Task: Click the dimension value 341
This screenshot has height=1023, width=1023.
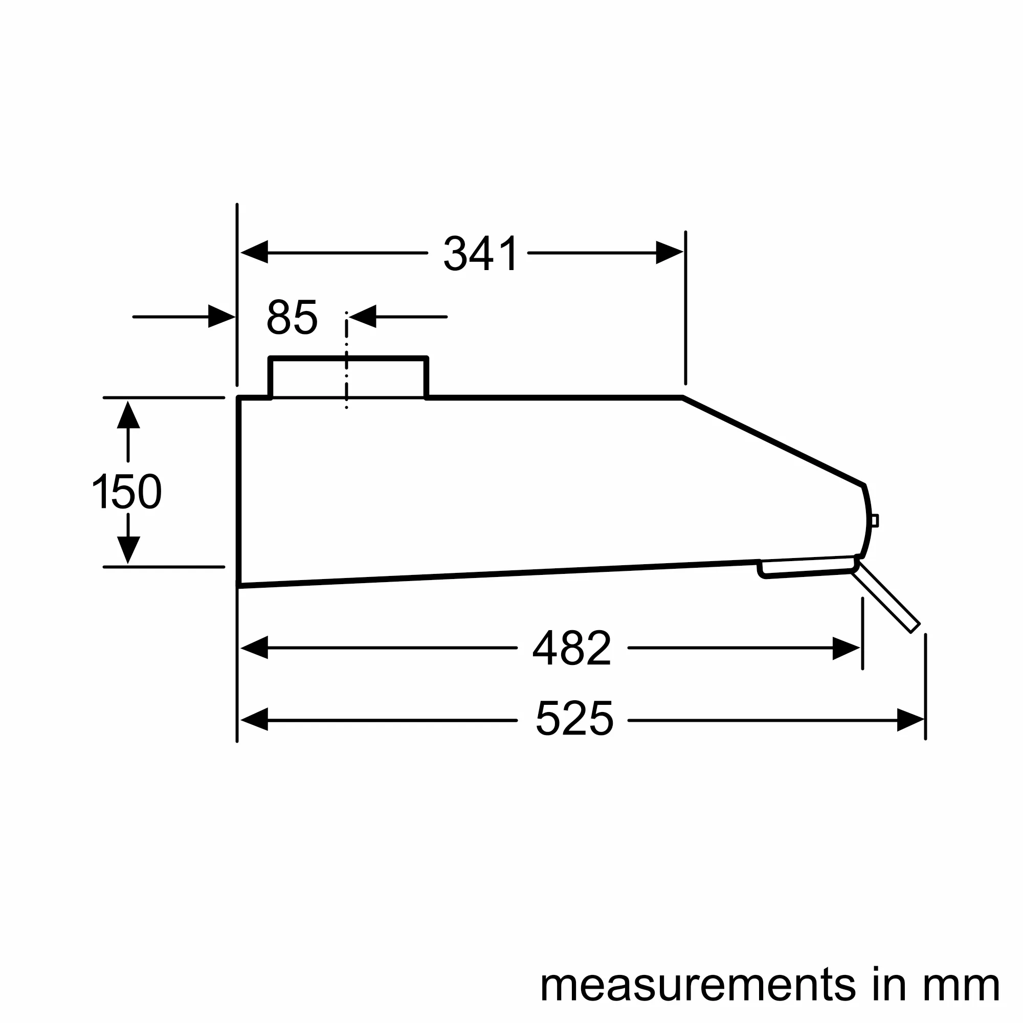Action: [x=480, y=254]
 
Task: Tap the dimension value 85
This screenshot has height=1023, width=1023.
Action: [x=292, y=317]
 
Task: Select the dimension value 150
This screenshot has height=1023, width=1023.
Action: [x=127, y=492]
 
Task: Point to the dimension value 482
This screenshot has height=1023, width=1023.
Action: [x=572, y=648]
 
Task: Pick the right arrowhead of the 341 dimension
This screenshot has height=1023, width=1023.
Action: [x=668, y=253]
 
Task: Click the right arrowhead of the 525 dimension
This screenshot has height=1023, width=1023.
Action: [x=909, y=720]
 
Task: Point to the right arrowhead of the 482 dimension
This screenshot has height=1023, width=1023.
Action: [x=845, y=648]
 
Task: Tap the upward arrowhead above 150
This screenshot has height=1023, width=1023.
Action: [x=128, y=416]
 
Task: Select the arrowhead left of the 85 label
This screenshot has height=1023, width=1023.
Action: [x=221, y=316]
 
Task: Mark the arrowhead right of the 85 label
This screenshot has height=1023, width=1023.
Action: [x=363, y=316]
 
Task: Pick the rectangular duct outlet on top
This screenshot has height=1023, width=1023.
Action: [x=348, y=377]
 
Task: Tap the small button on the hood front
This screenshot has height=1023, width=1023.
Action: [x=875, y=521]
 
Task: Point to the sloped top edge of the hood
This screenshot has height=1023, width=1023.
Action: [x=773, y=440]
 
